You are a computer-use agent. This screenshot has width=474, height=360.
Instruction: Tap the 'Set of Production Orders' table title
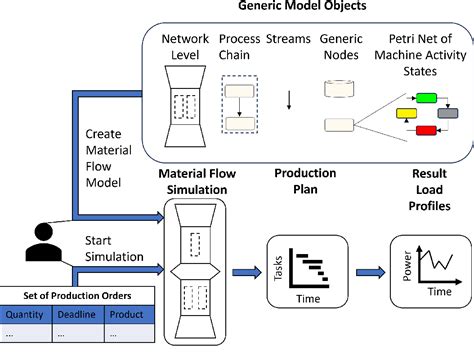coord(77,294)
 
